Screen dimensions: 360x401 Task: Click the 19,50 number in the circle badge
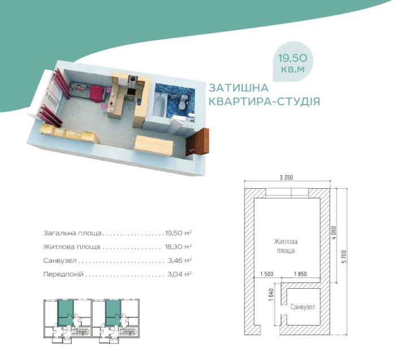[293, 58]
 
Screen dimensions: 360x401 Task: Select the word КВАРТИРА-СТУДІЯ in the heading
[264, 102]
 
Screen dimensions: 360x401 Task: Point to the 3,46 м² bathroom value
[180, 261]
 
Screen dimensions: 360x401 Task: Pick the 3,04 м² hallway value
[180, 275]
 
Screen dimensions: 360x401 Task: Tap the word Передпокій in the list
[63, 275]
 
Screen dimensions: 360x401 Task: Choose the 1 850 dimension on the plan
[301, 274]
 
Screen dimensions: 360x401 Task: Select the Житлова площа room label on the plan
[286, 245]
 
